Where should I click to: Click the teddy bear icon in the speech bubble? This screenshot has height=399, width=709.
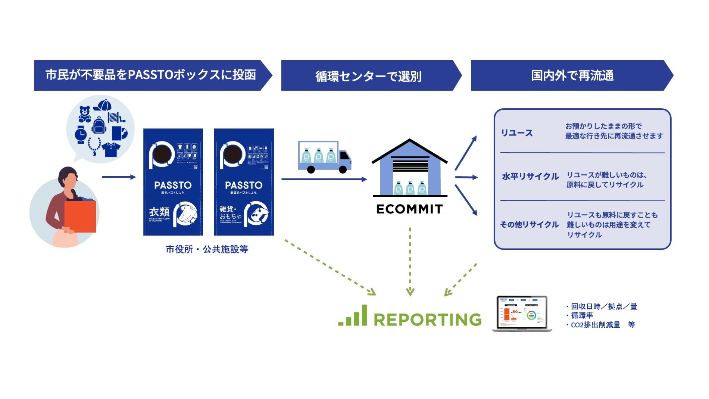click(x=85, y=114)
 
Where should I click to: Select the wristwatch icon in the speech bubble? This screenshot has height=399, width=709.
click(x=81, y=134)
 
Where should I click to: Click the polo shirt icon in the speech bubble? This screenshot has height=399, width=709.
click(x=111, y=149)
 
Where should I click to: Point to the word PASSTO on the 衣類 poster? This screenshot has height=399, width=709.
click(x=173, y=185)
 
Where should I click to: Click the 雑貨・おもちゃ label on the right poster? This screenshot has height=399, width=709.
click(x=230, y=213)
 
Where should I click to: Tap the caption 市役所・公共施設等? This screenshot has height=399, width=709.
click(x=207, y=249)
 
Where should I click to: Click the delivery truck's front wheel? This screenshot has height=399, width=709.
click(x=343, y=170)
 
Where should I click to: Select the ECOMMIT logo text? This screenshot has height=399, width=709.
click(x=409, y=209)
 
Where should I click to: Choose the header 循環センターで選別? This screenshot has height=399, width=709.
click(x=368, y=76)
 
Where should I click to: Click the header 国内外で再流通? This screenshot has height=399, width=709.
click(x=572, y=75)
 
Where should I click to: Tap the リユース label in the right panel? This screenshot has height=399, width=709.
click(x=516, y=133)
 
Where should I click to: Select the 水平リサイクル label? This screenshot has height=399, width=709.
click(x=530, y=176)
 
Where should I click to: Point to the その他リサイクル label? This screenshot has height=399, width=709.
click(x=529, y=224)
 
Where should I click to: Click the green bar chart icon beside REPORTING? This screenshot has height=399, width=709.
click(x=353, y=316)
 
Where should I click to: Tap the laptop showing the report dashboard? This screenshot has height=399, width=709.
click(x=522, y=314)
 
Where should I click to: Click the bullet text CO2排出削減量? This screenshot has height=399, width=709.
click(x=595, y=325)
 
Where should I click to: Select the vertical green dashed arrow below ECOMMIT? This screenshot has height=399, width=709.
click(x=410, y=261)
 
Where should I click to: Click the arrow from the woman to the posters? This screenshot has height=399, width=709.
click(x=119, y=177)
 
